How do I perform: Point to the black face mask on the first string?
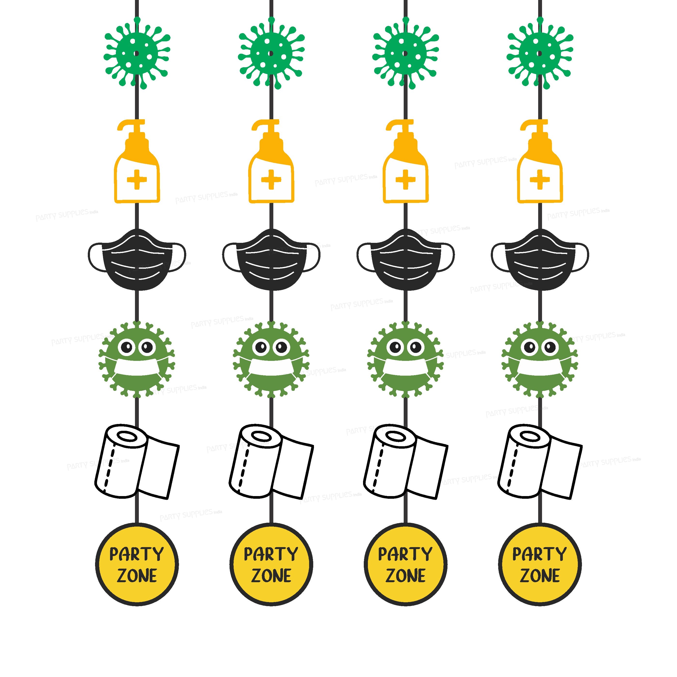coord(137,261)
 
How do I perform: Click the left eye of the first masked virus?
coord(126,348)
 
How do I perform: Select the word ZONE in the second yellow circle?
coord(271,576)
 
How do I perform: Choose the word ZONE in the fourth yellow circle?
coord(540,576)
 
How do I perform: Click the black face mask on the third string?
coord(405,261)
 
